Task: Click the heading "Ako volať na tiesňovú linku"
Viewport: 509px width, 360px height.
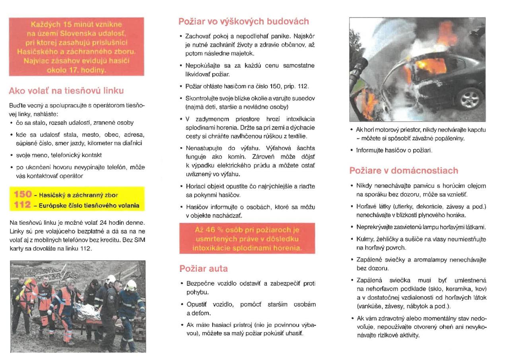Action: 66,91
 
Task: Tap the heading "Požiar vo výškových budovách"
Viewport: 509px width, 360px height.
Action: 244,21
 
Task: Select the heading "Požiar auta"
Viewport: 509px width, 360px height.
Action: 204,269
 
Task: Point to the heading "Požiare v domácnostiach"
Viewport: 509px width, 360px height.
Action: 404,171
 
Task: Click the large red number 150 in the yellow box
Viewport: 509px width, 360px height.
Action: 23,195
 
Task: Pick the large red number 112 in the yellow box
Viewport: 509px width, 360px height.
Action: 23,205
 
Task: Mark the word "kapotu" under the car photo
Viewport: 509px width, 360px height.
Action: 476,130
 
